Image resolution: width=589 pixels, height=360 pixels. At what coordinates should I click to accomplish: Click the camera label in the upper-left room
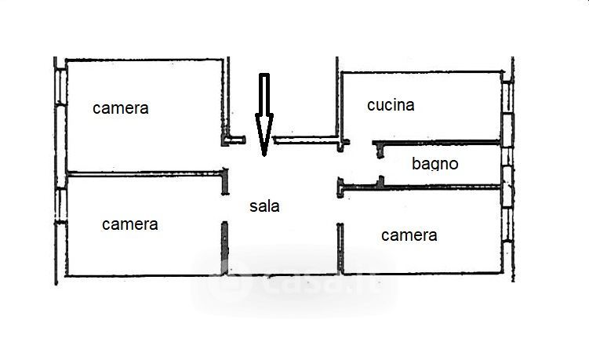120,108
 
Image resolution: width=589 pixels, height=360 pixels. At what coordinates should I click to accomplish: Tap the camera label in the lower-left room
129,224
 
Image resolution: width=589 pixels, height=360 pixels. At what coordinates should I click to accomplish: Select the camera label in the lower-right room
409,235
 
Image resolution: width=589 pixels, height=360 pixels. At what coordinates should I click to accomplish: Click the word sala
264,206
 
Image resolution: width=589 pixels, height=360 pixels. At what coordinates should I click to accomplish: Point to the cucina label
391,105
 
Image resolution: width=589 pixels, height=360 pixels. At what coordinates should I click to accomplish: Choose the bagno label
434,164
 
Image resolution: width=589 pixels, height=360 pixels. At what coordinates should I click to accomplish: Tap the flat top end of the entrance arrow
264,76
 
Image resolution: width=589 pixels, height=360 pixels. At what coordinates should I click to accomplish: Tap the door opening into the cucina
360,143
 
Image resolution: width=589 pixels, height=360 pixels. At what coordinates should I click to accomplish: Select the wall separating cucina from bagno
439,143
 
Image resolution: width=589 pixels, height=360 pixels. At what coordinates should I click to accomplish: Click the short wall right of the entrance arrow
306,140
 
